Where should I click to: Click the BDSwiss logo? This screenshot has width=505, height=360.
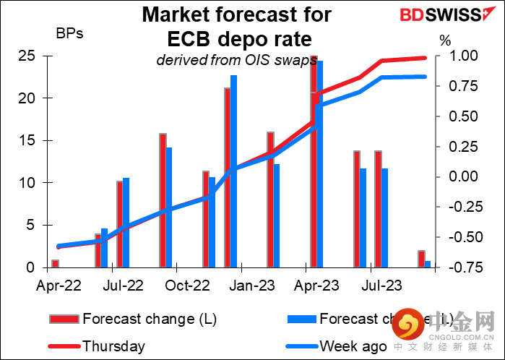420,15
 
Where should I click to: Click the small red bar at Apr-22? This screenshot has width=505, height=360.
55,263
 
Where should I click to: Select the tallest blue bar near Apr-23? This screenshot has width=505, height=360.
320,164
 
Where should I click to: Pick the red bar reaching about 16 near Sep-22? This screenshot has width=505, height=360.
163,200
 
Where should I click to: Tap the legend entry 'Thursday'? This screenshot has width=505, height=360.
113,346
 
